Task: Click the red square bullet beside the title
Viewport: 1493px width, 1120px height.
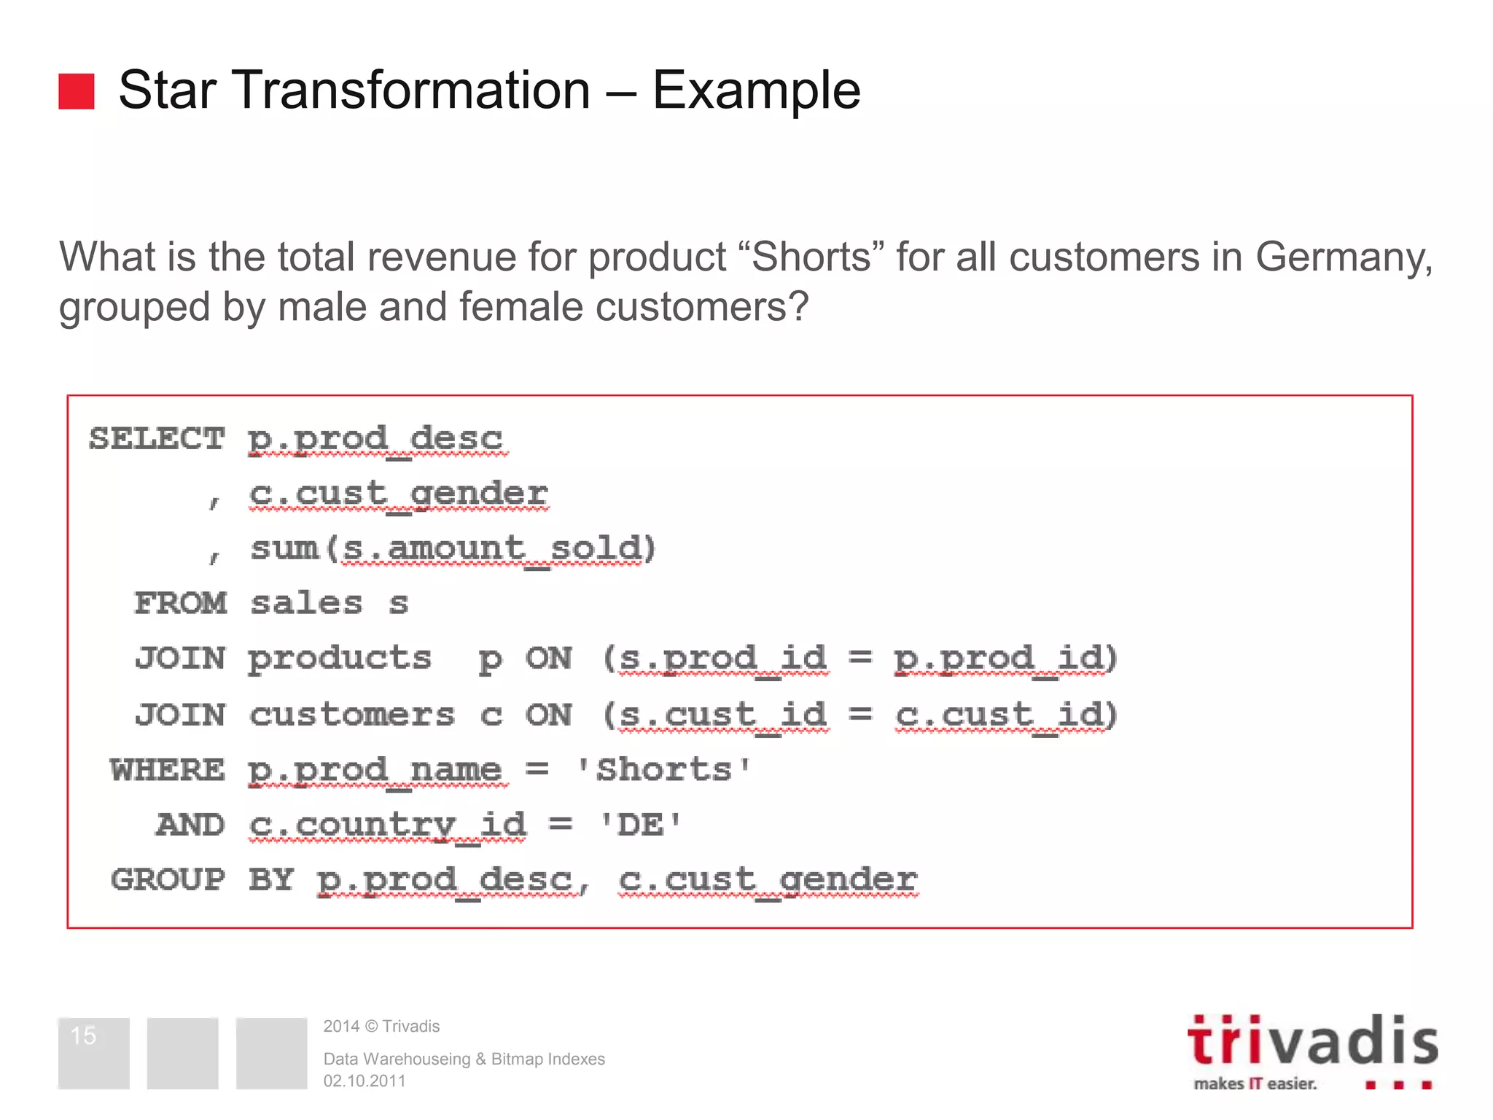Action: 77,91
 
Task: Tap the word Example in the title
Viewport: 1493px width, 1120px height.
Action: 756,90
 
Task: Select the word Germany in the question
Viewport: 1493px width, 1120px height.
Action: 1343,258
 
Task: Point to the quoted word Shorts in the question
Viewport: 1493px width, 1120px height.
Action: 811,257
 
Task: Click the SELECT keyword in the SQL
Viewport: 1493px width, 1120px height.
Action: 157,438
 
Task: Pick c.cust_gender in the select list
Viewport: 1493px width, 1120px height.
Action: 398,494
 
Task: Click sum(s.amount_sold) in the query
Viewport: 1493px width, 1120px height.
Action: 453,548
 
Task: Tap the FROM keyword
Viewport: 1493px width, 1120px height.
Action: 181,603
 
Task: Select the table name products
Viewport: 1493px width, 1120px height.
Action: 340,658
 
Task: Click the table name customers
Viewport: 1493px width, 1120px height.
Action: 352,715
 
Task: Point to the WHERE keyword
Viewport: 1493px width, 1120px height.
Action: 168,769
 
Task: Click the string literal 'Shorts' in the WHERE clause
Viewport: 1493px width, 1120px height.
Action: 663,769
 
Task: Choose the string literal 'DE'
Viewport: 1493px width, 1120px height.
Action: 640,825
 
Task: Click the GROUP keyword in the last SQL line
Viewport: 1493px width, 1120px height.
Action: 168,879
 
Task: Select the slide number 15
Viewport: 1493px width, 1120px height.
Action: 84,1035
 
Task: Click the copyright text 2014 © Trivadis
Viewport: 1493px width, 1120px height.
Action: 381,1027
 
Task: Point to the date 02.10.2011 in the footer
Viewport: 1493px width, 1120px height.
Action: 365,1081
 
